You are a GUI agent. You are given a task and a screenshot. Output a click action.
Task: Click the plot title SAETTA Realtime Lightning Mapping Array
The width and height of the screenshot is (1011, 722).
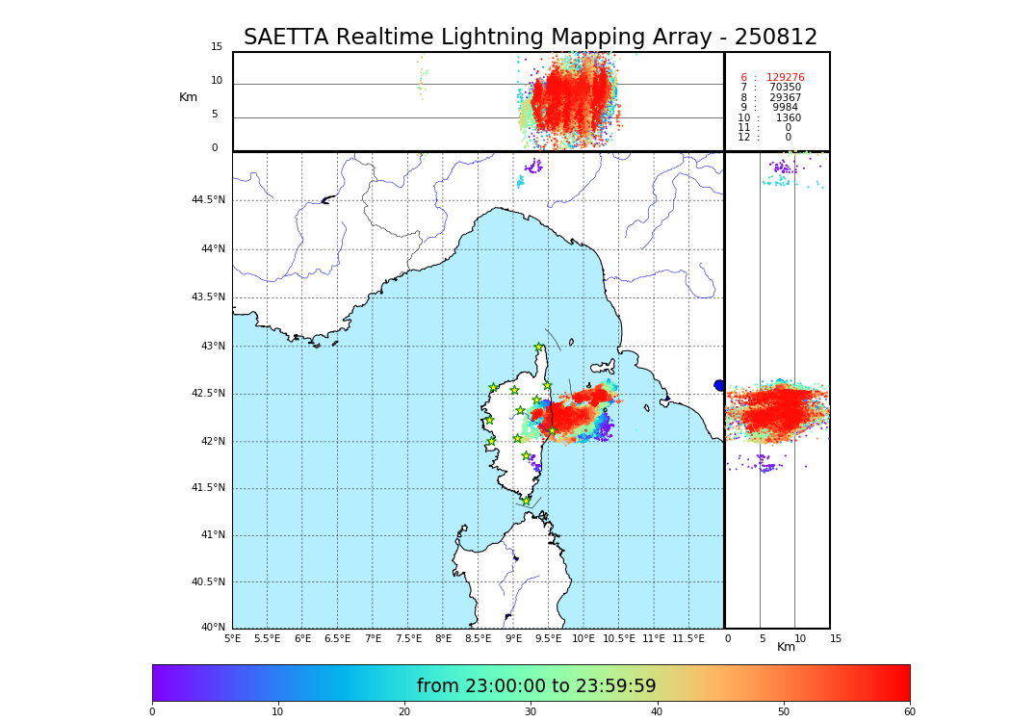[530, 38]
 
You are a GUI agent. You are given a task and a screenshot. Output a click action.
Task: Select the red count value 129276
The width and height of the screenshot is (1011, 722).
[785, 78]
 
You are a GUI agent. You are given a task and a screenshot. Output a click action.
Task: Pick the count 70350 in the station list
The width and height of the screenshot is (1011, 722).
[785, 88]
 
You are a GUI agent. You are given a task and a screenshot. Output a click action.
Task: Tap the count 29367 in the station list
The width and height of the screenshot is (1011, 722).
[785, 98]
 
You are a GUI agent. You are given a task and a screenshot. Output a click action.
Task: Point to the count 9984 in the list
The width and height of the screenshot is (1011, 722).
[785, 108]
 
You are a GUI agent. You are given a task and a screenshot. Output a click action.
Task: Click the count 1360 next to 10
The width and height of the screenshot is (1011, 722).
[788, 118]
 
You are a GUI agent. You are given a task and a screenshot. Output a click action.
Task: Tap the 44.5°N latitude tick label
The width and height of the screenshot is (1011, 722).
[208, 200]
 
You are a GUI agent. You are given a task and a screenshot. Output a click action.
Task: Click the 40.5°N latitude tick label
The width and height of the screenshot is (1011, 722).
[208, 582]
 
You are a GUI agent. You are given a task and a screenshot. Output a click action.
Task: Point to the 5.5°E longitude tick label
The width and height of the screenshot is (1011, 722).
[267, 638]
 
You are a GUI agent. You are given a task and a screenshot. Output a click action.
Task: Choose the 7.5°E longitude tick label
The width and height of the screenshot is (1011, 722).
[408, 638]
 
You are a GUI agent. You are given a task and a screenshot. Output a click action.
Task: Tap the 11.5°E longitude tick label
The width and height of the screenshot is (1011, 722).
[688, 638]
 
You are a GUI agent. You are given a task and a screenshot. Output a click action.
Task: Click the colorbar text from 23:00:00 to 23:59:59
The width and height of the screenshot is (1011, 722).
[536, 686]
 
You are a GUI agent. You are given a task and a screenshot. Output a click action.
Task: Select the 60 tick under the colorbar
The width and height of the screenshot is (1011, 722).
[909, 711]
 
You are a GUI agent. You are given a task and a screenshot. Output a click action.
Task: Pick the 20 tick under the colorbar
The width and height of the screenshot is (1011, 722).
[404, 711]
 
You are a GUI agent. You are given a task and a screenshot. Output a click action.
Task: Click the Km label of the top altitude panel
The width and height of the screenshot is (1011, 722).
[188, 97]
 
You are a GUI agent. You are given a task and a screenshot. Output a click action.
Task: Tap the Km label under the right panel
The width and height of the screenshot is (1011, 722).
[786, 647]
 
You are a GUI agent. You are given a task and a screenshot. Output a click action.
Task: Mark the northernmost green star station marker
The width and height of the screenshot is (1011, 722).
[539, 348]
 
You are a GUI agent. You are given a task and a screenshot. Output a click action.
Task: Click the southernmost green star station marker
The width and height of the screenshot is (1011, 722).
[526, 501]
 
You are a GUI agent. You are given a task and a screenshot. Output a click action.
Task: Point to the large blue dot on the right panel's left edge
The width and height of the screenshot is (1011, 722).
[719, 385]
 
